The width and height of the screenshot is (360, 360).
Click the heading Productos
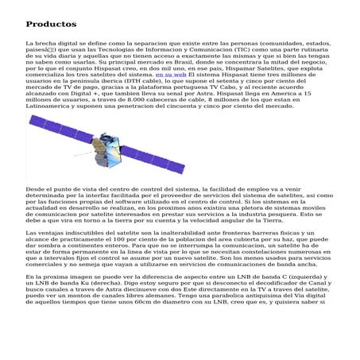point(50,25)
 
